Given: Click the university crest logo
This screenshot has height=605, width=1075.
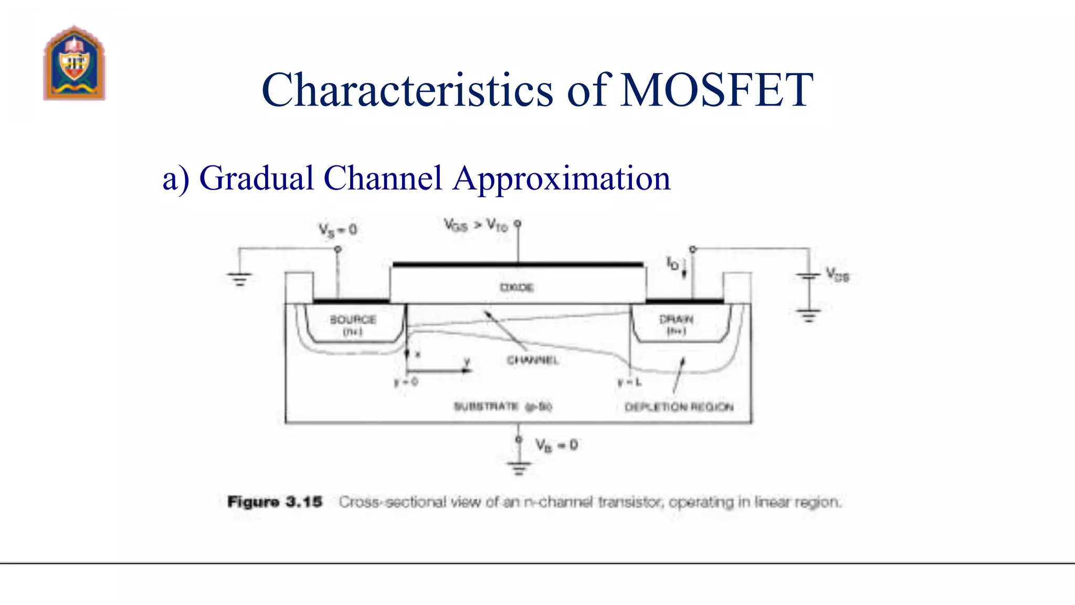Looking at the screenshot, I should pos(74,64).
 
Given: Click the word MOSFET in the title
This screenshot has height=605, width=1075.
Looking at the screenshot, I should pos(716,90).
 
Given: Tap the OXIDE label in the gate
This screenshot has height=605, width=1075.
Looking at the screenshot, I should pos(517,287).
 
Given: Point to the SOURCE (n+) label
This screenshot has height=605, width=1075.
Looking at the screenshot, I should pos(353,325).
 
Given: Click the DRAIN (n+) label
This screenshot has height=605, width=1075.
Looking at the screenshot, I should pos(676,325).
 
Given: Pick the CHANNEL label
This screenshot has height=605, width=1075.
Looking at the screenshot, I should pos(532,360).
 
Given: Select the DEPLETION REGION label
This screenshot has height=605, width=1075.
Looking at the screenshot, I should pos(679,407).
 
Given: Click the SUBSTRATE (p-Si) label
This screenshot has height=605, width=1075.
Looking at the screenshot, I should pos(502,406).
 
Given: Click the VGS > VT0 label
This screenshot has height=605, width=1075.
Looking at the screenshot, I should pos(476,225).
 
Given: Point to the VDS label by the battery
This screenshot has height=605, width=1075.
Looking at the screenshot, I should pos(837,275).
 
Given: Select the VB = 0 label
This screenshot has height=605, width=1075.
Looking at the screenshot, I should pos(556,445).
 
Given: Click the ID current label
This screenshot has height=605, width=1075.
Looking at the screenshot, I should pos(672,263).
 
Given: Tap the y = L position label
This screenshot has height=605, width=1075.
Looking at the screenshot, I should pos(629,382).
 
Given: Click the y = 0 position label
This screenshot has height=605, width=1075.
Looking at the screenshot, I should pos(406,382).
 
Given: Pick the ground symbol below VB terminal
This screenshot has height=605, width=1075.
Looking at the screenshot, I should pos(519,467).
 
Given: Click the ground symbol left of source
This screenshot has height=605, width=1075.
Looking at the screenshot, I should pos(239,279).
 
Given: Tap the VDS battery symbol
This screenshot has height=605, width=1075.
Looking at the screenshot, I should pos(809,277).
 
